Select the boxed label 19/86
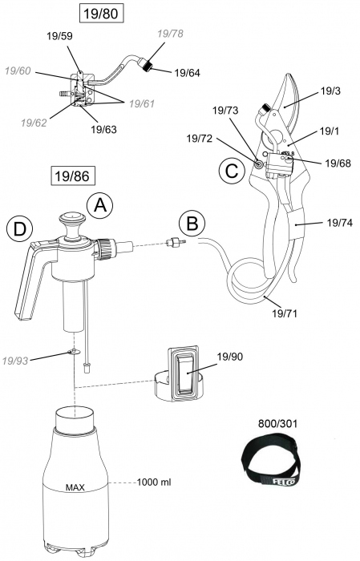pyautogui.click(x=70, y=174)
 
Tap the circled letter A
pyautogui.click(x=101, y=205)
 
